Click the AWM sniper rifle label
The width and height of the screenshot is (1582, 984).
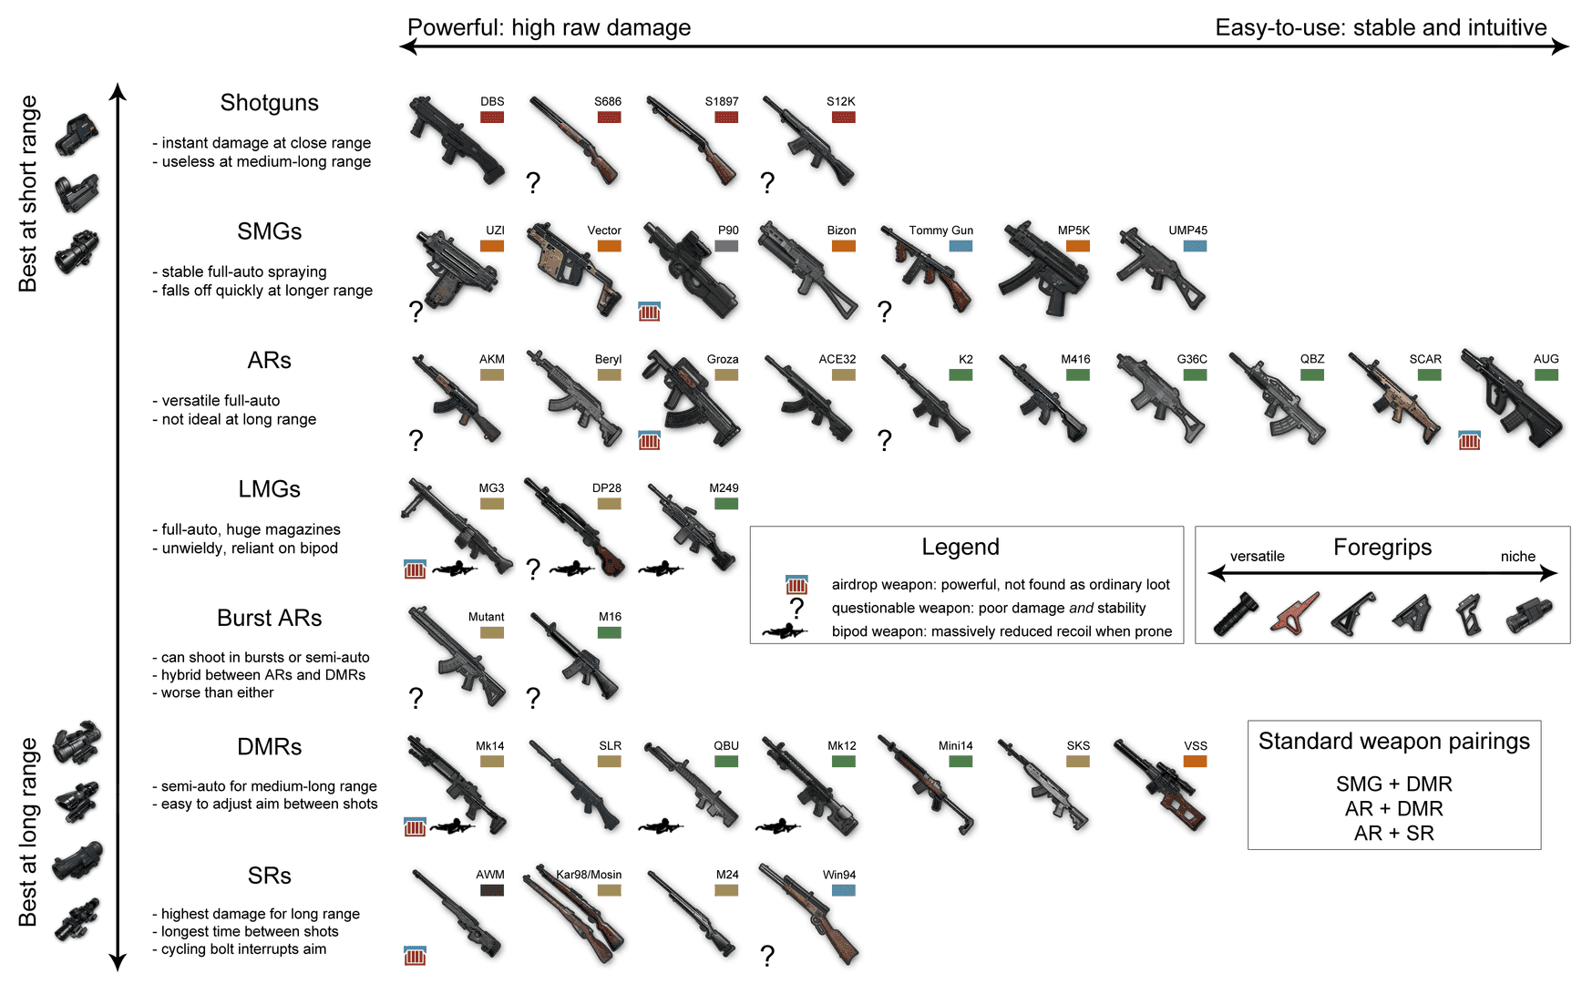tap(490, 875)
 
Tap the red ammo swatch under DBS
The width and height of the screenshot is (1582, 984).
tap(492, 118)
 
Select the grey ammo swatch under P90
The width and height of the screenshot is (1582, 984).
tap(726, 246)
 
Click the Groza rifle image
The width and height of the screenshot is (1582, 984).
tap(690, 401)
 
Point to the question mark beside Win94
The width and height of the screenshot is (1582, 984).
tap(767, 956)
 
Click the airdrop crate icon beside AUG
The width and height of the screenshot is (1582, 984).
tap(1469, 441)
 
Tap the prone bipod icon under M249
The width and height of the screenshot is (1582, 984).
tap(661, 569)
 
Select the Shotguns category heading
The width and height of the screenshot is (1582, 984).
tap(269, 103)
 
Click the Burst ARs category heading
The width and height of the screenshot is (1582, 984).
tap(269, 618)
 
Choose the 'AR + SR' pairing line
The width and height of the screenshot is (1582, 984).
tap(1393, 833)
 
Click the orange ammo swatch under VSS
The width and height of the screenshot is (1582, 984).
tap(1195, 762)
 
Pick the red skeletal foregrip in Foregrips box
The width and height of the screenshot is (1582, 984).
tap(1294, 613)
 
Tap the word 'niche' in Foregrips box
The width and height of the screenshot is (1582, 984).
tap(1517, 557)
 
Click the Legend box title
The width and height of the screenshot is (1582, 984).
tap(960, 547)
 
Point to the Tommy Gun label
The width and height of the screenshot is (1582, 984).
tap(940, 231)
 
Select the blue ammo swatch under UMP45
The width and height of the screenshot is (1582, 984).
tap(1195, 246)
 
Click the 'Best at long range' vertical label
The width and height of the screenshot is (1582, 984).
tap(28, 832)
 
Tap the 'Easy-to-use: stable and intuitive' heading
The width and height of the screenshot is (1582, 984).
tap(1380, 27)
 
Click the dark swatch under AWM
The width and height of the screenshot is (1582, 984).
tap(492, 890)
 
